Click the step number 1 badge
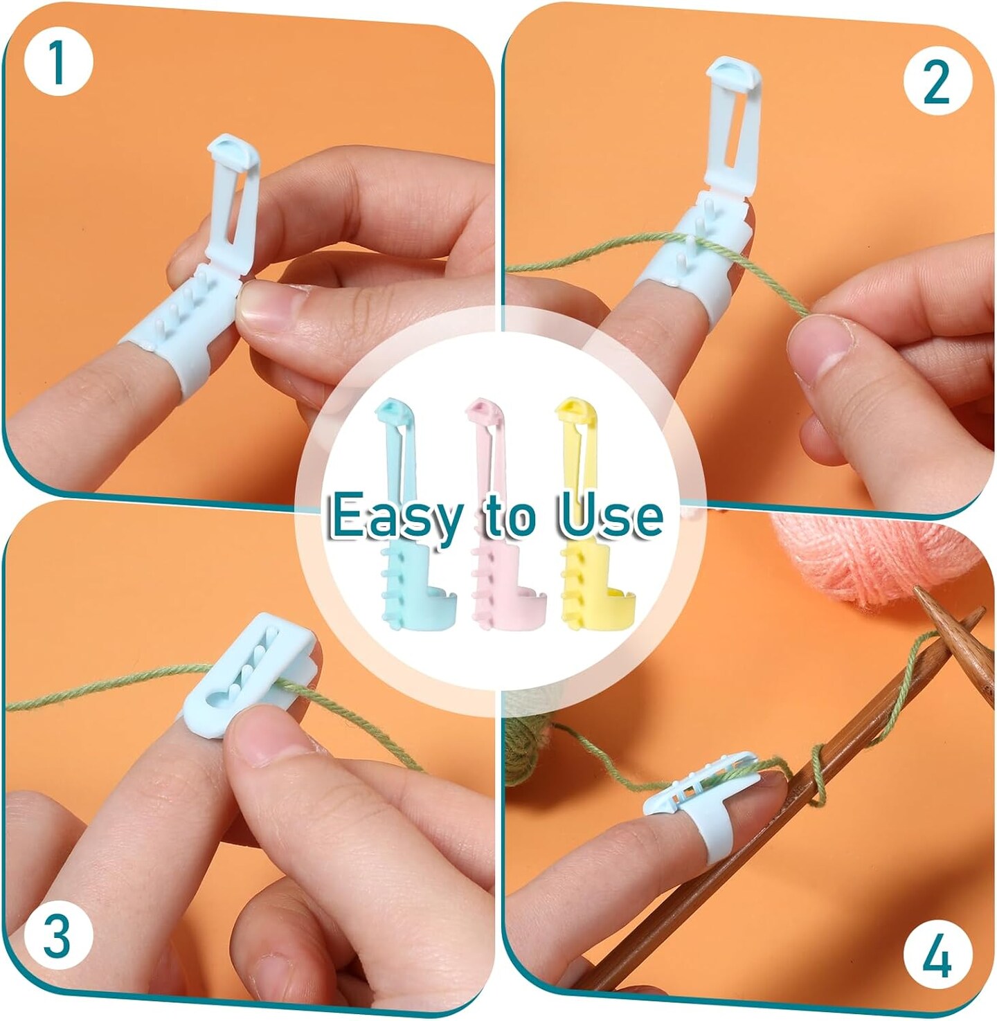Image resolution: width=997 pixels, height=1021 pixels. [x=57, y=63]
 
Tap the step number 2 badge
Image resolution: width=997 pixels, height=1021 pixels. [x=937, y=81]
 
